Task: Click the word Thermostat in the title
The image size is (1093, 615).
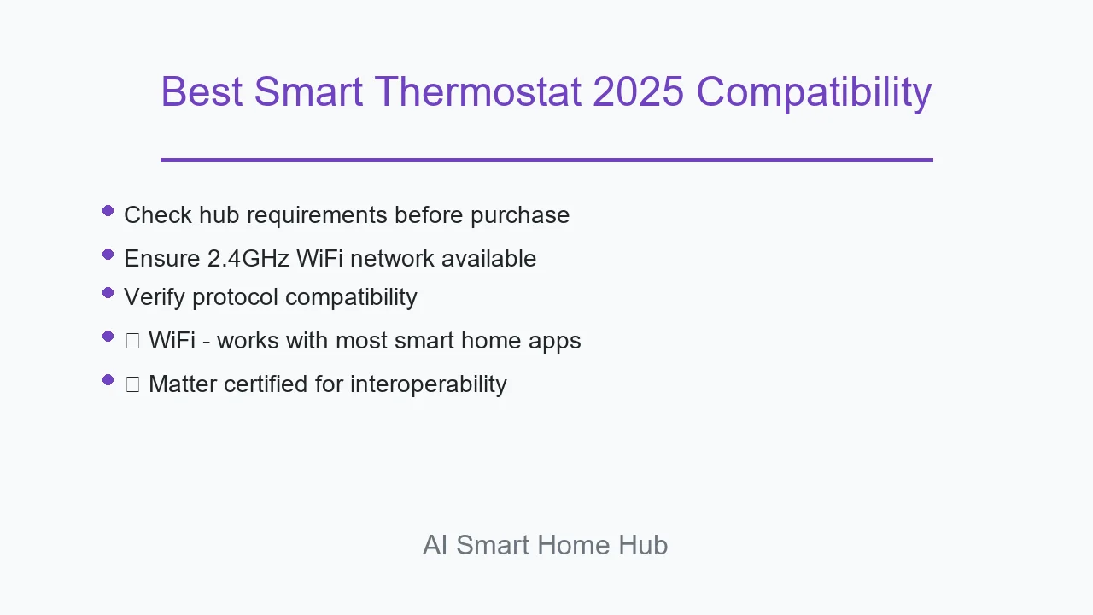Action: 477,91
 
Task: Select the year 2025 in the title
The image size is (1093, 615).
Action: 638,91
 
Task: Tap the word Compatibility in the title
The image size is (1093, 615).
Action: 814,93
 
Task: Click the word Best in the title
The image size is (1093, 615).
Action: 202,91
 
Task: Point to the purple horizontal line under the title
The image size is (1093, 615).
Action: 546,160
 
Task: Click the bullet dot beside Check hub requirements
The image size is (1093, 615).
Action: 108,211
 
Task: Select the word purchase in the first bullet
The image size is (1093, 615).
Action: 520,216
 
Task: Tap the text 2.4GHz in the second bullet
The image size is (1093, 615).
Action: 248,258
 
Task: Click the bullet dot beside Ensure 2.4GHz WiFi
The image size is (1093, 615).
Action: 108,255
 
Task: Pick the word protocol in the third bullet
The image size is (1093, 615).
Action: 235,298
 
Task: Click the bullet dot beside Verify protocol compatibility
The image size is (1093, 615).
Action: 108,293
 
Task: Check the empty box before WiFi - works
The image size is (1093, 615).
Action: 132,341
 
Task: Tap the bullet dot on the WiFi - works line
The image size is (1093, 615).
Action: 108,337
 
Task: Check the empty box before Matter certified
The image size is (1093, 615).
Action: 132,384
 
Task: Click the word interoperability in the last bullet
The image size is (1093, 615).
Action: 429,384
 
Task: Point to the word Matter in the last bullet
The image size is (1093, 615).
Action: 183,384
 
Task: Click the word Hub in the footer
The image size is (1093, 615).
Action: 643,545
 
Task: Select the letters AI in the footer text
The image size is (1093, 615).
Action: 435,545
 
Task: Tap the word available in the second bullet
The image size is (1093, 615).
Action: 489,258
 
